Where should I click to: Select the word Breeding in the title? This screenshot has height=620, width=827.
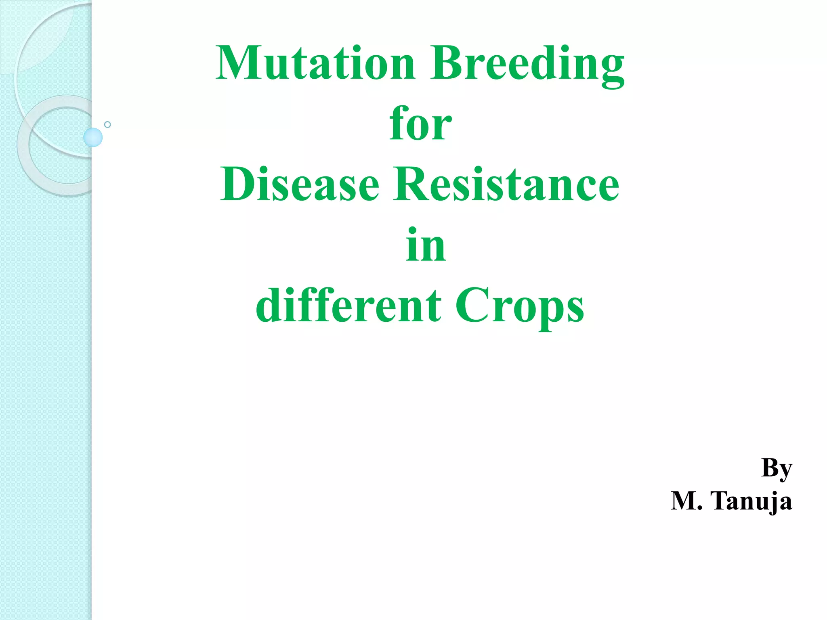[x=527, y=65]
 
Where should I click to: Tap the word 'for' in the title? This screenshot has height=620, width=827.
[x=420, y=124]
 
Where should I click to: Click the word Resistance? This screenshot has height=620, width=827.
[x=506, y=184]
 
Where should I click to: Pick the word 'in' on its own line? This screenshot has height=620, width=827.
[x=426, y=245]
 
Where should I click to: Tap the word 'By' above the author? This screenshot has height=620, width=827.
[x=777, y=469]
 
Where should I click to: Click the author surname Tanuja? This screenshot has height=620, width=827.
[x=751, y=501]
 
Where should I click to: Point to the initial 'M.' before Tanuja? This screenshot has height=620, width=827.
[x=686, y=501]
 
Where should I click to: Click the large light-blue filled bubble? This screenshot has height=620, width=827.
[x=93, y=137]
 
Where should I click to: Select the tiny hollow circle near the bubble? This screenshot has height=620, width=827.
[x=107, y=124]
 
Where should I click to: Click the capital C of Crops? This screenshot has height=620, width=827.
[x=470, y=306]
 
